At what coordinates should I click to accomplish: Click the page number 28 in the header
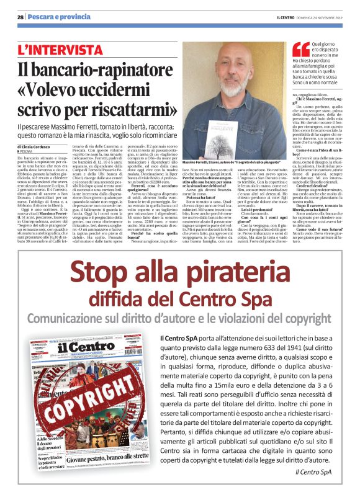(20, 17)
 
